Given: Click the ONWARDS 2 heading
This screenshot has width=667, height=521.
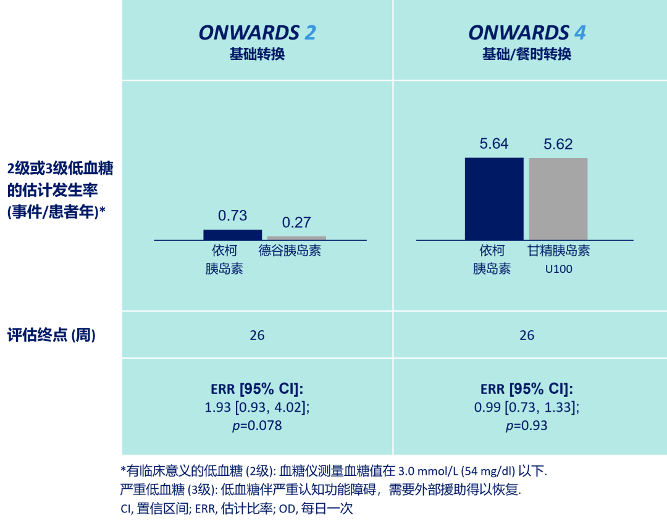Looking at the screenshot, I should click(257, 33).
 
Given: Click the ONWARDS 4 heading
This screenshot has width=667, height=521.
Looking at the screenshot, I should click(527, 33).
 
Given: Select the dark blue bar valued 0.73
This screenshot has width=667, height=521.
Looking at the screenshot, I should click(233, 235).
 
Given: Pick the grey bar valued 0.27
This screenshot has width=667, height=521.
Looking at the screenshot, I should click(296, 238).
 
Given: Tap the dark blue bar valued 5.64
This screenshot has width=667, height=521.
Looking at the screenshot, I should click(494, 198).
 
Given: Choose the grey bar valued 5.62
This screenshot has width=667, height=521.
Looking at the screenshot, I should click(558, 198).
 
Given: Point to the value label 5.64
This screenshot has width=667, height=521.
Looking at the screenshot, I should click(494, 144).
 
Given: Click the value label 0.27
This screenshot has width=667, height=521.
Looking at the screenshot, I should click(296, 222).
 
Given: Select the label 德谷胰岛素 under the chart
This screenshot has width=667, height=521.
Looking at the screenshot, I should click(290, 251).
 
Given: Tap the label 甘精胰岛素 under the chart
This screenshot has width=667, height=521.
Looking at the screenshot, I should click(558, 251).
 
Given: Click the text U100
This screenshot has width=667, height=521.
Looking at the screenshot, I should click(558, 270).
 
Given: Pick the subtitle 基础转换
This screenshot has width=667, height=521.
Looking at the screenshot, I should click(257, 54).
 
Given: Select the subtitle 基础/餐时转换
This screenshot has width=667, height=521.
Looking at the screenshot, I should click(527, 54).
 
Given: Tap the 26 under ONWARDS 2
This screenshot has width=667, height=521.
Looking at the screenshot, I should click(257, 335).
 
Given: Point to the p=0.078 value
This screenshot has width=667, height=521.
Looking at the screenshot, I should click(257, 426).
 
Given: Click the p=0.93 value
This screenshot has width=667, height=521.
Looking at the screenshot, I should click(527, 426).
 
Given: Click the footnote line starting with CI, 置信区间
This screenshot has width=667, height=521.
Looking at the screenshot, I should click(237, 509).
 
